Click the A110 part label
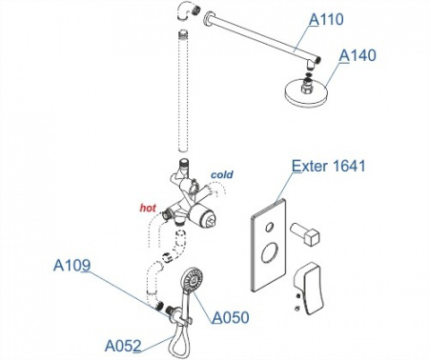[x=326, y=19]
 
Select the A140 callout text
[x=357, y=55]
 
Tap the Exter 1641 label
[x=329, y=166]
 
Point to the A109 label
[x=71, y=265]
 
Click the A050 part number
[x=231, y=317]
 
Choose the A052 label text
[x=123, y=346]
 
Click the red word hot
[x=148, y=208]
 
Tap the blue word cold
[x=222, y=174]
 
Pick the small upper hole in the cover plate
[x=269, y=227]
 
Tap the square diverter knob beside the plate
[x=305, y=233]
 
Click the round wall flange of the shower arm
[x=208, y=18]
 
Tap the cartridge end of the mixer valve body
[x=206, y=219]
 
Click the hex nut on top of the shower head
[x=307, y=87]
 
